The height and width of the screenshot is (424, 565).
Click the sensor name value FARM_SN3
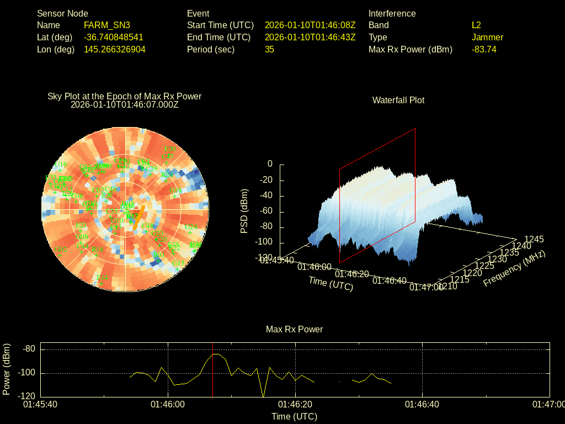(107, 25)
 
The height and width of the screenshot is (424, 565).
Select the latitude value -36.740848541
(114, 38)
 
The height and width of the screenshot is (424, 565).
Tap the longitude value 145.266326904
(115, 50)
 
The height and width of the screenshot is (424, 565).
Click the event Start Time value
(310, 25)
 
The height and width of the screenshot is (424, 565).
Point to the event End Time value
(310, 38)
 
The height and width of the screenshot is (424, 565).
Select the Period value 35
(269, 50)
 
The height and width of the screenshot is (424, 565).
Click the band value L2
(476, 25)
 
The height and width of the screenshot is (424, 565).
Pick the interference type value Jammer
(487, 38)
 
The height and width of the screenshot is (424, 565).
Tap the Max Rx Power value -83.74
(484, 50)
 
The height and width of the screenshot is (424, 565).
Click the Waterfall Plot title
(398, 100)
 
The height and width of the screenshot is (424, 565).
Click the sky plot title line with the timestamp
(125, 105)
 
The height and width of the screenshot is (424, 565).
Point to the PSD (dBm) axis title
(244, 211)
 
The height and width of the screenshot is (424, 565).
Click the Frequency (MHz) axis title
(514, 268)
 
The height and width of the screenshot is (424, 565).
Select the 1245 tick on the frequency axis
(534, 240)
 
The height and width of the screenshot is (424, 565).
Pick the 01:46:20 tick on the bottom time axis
(295, 405)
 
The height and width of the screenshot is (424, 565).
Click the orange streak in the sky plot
(138, 217)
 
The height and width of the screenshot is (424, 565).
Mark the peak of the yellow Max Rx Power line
(215, 354)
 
